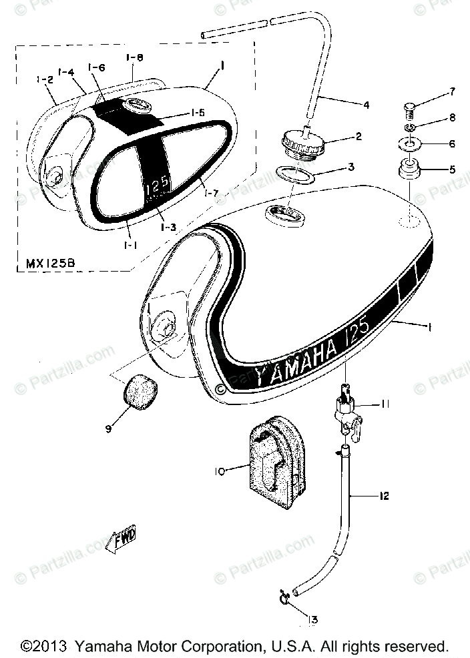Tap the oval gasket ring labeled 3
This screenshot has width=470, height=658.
pos(294,177)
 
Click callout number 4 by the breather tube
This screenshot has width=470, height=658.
pos(366,104)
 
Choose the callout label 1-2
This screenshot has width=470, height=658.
pos(44,80)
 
